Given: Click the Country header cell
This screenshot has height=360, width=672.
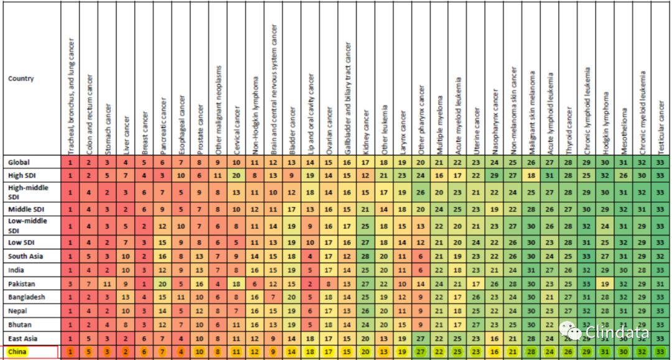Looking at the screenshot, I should click(x=21, y=79).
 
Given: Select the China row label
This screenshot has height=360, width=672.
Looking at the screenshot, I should click(x=19, y=352).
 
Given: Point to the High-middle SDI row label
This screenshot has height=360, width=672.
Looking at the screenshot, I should click(x=28, y=191).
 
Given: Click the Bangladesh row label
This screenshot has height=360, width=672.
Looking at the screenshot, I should click(x=27, y=297).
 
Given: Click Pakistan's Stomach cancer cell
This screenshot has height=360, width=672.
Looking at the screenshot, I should click(x=108, y=284).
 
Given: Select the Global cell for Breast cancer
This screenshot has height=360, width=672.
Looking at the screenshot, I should click(x=144, y=162).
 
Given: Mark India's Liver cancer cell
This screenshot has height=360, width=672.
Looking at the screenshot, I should click(x=126, y=270).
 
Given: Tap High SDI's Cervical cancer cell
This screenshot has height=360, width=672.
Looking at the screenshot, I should click(x=236, y=175).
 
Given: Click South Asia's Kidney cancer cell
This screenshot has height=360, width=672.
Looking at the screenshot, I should click(x=366, y=256).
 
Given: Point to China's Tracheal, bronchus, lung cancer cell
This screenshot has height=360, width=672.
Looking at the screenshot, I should click(x=71, y=352).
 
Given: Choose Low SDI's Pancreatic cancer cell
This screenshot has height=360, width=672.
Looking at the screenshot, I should click(x=162, y=241).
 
